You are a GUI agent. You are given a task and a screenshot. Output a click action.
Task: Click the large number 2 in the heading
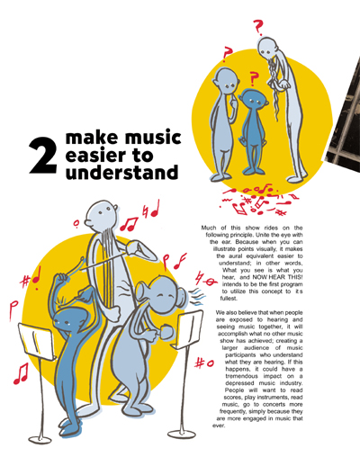pos(43,155)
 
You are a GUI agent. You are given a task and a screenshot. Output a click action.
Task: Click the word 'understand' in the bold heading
pos(121,172)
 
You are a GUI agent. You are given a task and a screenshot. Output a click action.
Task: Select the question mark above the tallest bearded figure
pos(257,27)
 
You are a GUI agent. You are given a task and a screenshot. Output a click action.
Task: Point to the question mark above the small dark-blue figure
pos(254,79)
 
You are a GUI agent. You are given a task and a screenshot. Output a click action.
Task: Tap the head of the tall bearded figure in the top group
pos(267,48)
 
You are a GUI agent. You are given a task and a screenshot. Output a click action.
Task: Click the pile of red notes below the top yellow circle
pos(258,200)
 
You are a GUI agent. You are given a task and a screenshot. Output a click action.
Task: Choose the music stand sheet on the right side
pos(189,329)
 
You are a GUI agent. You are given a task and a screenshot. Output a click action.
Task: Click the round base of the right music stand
pos(182,434)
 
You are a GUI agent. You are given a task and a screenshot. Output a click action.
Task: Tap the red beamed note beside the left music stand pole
pos(21,373)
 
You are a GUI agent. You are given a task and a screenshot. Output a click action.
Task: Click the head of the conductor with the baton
pos(101,215)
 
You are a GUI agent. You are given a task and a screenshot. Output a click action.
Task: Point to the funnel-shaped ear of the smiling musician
pos(141,291)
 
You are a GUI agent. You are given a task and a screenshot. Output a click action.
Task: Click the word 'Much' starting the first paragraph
pos(209,228)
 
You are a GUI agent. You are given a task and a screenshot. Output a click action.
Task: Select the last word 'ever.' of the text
pos(219,426)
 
